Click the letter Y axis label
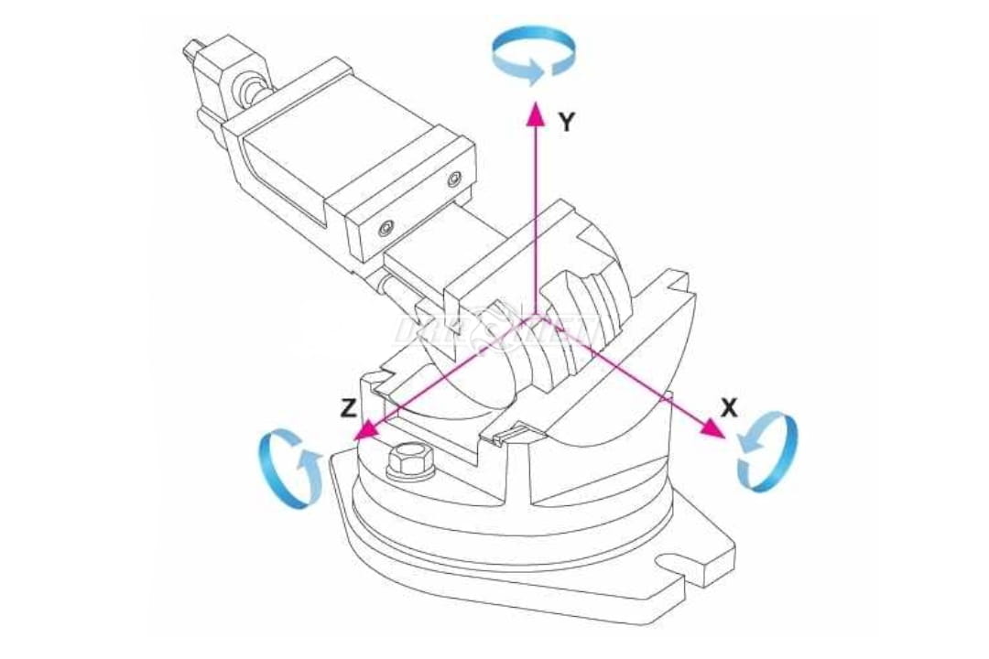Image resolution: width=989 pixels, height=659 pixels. point(568,122)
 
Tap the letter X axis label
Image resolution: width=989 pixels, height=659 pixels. point(729,408)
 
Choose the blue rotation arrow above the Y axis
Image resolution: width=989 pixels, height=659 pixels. point(534,53)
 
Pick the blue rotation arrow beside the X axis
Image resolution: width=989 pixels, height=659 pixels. point(767,450)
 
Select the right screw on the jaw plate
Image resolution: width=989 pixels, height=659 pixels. point(453,179)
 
